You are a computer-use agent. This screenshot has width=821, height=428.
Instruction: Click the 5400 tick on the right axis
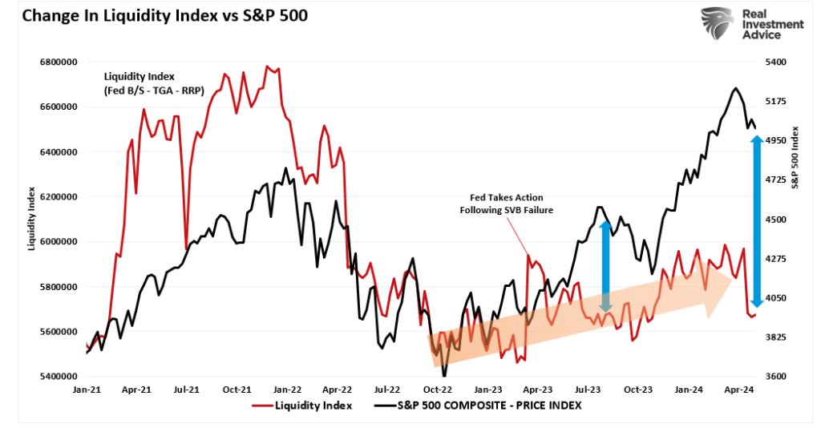(x=777, y=62)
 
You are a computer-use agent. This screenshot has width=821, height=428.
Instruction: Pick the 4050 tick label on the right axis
(x=777, y=298)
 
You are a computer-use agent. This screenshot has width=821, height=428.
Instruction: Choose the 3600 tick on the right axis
(x=777, y=377)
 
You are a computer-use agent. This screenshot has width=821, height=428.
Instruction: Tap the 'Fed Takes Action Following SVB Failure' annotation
(x=506, y=204)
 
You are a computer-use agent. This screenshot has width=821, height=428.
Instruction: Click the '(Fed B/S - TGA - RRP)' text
(x=153, y=91)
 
